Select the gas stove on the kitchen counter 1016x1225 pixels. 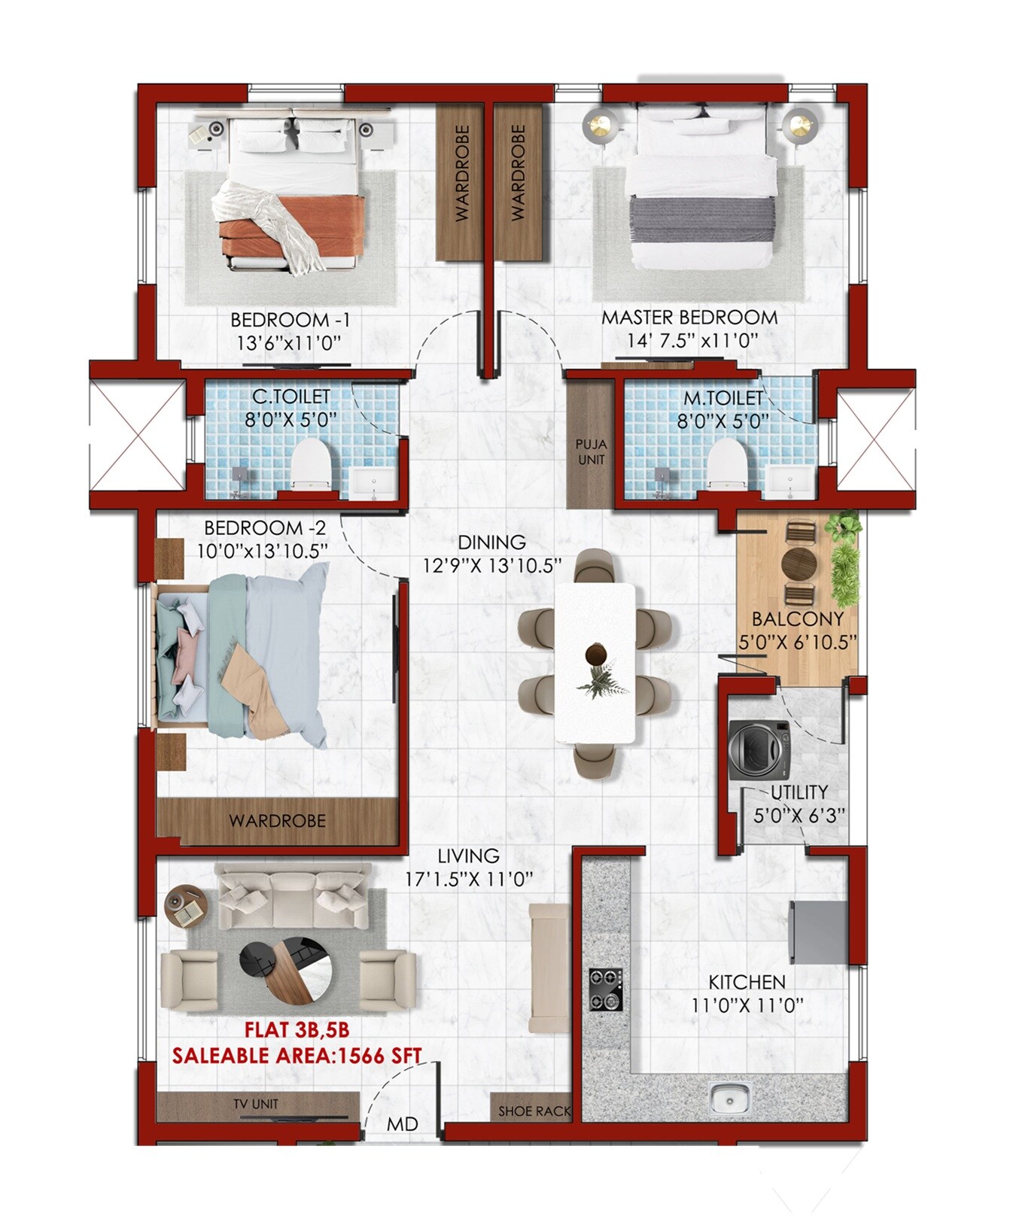pos(605,989)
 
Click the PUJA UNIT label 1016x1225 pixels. pos(591,451)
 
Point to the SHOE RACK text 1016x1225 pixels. pos(534,1111)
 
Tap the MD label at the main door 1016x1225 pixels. pos(402,1124)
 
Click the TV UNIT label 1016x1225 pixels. pos(256,1104)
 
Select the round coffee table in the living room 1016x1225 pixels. pos(286,970)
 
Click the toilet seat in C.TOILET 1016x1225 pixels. pos(310,463)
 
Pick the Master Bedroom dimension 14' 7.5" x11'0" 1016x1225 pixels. pos(691,340)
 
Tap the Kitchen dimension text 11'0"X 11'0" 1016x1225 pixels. pos(747,1005)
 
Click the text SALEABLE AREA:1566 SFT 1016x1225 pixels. pos(297,1055)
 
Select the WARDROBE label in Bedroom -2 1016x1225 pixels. pos(277,820)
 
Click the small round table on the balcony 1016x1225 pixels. pos(799,562)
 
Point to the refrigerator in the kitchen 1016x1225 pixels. pos(818,932)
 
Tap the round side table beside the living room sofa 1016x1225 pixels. pos(185,906)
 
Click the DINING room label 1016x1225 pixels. pos(491,542)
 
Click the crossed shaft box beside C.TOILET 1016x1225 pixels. pos(136,436)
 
